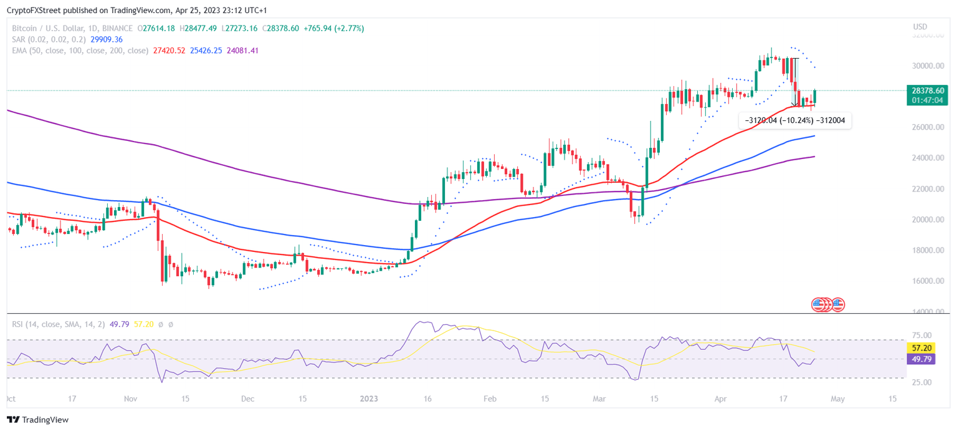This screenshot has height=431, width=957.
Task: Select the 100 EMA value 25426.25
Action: coord(207,51)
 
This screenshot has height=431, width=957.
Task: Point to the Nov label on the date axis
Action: coord(130,399)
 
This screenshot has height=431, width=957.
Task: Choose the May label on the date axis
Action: coord(837,399)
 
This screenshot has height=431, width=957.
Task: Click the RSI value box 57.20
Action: coord(921,348)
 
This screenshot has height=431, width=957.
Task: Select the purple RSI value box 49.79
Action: coord(921,359)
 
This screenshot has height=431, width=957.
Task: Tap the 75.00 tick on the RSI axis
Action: coord(921,335)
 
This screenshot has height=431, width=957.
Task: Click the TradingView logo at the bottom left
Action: coord(37,420)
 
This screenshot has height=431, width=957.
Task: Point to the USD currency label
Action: coord(920,27)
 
